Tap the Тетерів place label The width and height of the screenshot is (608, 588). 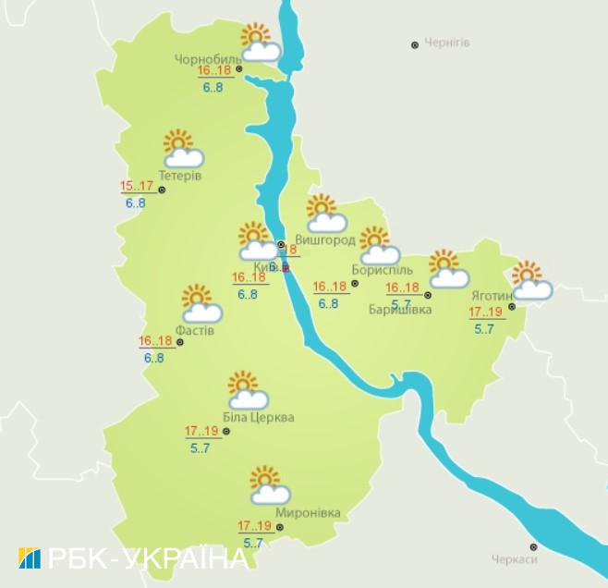click(179, 176)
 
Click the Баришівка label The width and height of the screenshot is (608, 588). click(399, 309)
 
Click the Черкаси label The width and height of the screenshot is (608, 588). click(515, 558)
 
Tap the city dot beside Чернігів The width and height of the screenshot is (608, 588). click(415, 44)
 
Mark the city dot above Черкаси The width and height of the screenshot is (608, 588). click(533, 545)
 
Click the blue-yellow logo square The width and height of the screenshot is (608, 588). click(29, 558)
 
